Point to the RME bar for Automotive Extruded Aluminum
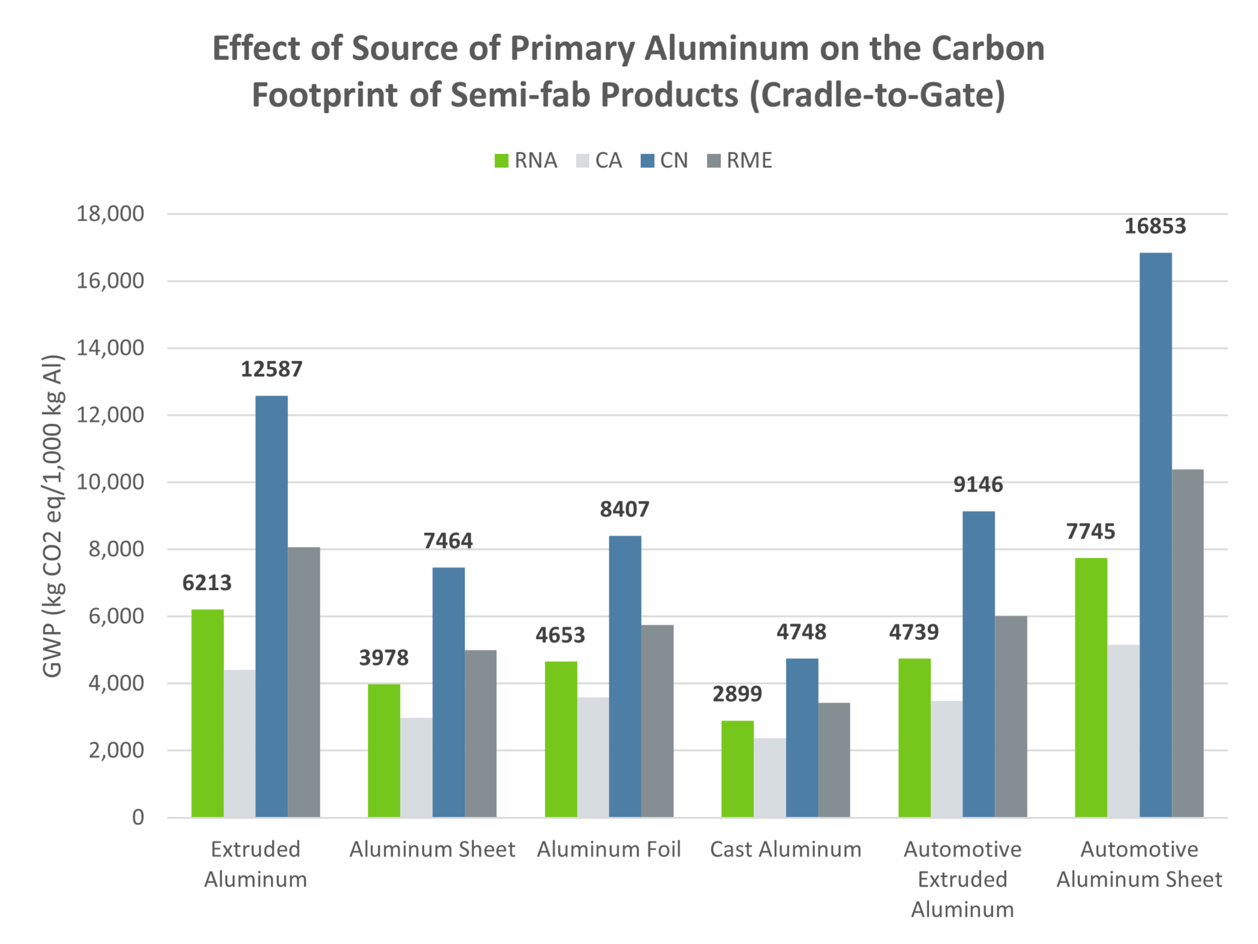point(1010,716)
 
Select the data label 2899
point(737,694)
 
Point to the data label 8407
point(625,509)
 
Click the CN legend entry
point(664,160)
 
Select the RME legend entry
point(739,160)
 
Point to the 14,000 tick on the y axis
point(110,348)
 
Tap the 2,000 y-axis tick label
point(116,750)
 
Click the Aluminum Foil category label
point(609,849)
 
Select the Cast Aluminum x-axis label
point(785,849)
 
